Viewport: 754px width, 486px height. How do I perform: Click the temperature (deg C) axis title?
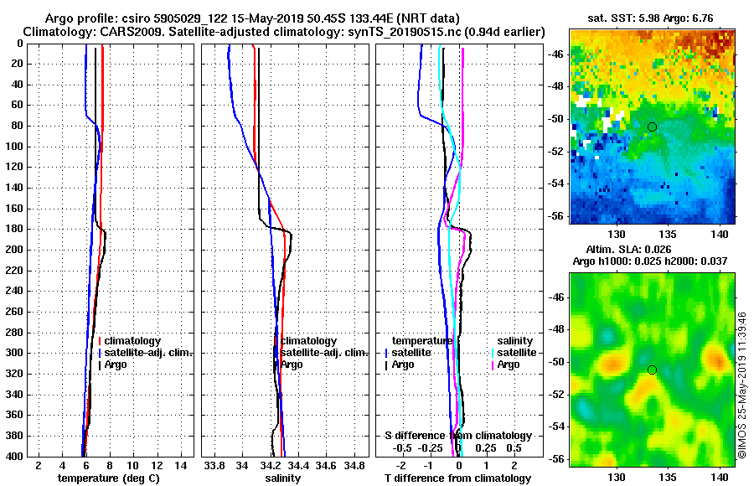108,478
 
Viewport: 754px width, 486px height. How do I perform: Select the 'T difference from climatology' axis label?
457,478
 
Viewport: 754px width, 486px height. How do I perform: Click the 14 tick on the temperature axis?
179,464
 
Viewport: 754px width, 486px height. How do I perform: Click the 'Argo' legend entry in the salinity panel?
292,364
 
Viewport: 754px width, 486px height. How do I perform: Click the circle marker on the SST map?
652,127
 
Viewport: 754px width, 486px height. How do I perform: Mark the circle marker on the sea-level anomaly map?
652,370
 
